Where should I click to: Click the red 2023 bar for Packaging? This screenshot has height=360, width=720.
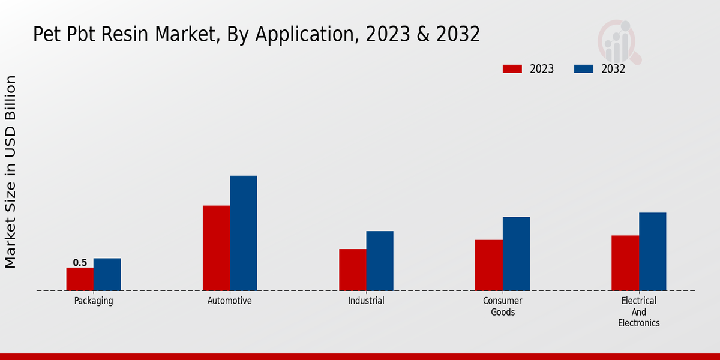click(80, 279)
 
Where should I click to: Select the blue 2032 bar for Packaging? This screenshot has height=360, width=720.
click(107, 274)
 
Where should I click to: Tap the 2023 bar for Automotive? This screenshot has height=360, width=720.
click(216, 248)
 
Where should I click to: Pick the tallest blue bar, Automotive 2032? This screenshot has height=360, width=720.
click(243, 233)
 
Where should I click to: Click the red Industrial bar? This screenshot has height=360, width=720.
click(352, 269)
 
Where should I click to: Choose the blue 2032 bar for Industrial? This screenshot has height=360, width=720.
click(380, 260)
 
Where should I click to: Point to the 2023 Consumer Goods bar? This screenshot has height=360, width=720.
click(488, 265)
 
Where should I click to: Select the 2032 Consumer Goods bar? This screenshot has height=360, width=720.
click(516, 253)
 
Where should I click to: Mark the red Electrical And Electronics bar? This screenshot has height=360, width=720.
click(625, 263)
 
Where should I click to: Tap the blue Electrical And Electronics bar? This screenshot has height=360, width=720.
click(652, 251)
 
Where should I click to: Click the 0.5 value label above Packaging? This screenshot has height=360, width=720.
click(80, 263)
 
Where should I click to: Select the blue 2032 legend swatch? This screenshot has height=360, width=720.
click(583, 69)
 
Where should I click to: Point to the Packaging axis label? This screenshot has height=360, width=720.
click(94, 301)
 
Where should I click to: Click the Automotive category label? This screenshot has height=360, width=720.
click(230, 301)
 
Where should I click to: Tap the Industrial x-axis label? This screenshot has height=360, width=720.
click(366, 301)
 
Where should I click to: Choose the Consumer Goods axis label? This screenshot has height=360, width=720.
click(503, 306)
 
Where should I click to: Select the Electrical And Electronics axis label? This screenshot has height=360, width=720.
click(638, 311)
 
